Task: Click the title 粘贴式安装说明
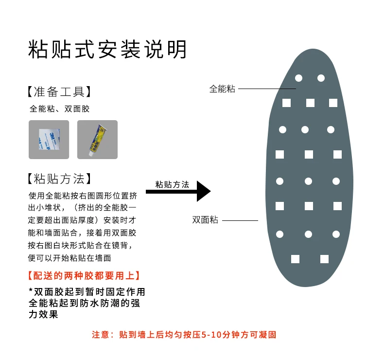click(107, 49)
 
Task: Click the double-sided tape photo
click(49, 140)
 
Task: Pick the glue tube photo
click(97, 140)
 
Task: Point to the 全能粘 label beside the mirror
click(222, 89)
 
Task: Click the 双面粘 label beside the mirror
click(205, 220)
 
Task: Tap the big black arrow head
click(203, 191)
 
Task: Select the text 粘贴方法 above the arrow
click(172, 184)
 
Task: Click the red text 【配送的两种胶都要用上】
click(85, 276)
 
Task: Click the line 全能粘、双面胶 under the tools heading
click(60, 109)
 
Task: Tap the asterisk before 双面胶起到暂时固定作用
click(31, 291)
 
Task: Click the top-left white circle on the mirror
click(298, 78)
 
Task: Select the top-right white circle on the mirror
click(321, 78)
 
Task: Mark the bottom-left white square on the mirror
click(295, 259)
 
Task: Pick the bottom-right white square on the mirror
click(324, 259)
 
